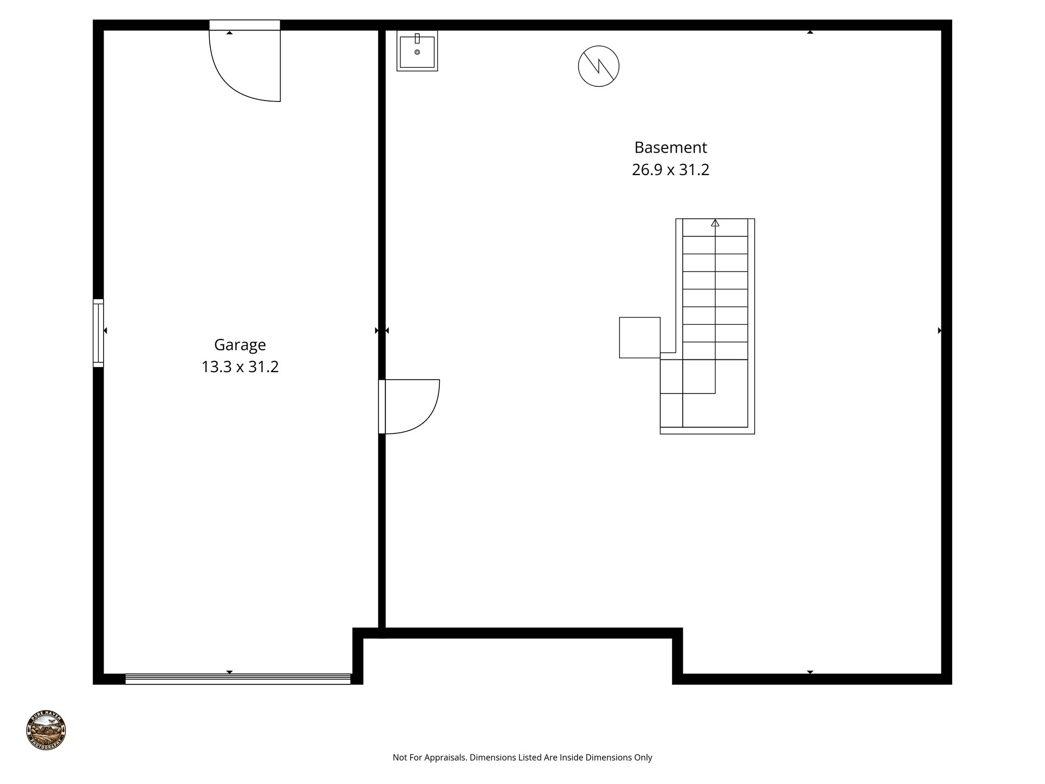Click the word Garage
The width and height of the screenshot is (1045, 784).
(x=240, y=345)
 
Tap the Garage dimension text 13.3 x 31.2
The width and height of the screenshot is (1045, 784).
(x=240, y=367)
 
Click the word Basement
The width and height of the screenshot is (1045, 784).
(x=670, y=148)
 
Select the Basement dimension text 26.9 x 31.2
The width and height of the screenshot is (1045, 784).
(x=670, y=169)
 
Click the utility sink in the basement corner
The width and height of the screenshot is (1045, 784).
(x=417, y=51)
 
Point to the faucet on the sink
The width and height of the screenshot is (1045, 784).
(x=417, y=38)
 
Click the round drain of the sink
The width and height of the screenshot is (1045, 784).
(x=417, y=52)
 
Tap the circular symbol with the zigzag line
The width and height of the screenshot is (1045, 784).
(x=599, y=66)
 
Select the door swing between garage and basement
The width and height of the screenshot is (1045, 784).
(x=411, y=406)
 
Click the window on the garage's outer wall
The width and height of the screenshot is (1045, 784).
(x=98, y=333)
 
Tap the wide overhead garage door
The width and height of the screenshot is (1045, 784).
(x=238, y=679)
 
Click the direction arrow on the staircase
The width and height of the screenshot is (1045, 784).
(x=715, y=223)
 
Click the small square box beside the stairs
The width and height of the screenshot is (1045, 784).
(x=639, y=337)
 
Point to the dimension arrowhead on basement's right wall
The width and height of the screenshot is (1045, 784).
(x=939, y=331)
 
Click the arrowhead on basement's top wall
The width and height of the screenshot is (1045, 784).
(x=810, y=32)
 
